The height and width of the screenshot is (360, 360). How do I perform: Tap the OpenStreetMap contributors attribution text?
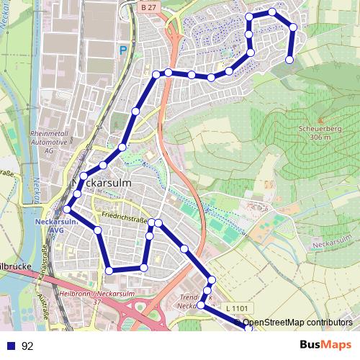point(297,323)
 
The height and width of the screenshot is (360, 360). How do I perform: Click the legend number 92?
point(28,346)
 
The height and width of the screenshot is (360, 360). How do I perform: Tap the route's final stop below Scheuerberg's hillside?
point(289,60)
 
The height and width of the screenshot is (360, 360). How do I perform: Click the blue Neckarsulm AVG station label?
point(51,226)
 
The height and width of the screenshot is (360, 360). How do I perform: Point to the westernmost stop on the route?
point(66,210)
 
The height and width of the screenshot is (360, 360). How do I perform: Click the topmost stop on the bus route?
point(272,12)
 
